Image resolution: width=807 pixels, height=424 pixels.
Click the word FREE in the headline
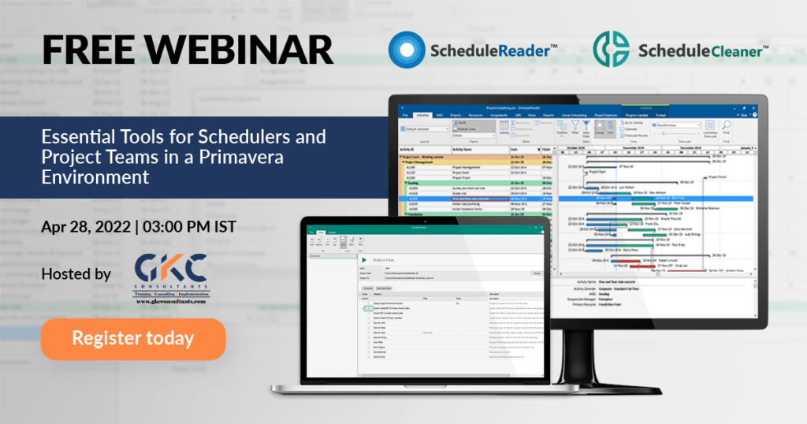point(86,49)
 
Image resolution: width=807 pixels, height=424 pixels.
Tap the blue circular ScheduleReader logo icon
point(406,51)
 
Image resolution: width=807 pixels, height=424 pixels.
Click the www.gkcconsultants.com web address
point(170,301)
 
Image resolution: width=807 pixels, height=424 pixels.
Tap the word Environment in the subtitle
point(95,176)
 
